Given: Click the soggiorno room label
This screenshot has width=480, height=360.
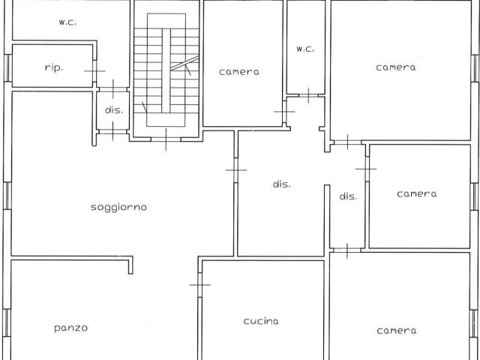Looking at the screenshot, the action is pos(118,207).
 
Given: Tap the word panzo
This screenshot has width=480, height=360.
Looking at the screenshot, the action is pos(70,328).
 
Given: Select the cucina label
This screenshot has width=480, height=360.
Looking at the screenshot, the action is pos(261,321).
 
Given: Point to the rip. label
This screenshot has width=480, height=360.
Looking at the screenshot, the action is pos(54,67).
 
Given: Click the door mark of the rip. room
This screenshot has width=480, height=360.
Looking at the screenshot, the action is pos(94,71).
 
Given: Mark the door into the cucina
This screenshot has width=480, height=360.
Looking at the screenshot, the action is pos(200,285).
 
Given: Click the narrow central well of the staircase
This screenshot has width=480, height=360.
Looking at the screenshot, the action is pos(166,70).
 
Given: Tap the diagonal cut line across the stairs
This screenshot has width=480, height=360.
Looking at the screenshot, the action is pos(184,63).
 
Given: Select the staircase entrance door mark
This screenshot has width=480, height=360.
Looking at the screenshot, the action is pos(166,139).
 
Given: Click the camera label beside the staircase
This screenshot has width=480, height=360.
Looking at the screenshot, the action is pos(239,72).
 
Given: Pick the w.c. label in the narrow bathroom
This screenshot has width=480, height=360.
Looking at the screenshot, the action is pos(305,49).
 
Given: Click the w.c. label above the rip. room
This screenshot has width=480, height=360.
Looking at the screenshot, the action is pos(67,22).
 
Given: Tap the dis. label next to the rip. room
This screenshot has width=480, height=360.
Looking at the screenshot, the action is pos(114,110).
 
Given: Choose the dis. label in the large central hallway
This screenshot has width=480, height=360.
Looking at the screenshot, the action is pos(282,184).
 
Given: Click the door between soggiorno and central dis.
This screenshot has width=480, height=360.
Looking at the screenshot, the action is pos(236,170).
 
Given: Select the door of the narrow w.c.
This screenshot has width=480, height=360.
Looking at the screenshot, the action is pos(308,95).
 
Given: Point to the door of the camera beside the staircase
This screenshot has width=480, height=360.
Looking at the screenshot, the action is pos(284,112).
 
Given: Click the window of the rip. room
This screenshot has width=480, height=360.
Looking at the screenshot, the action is pos(8,68).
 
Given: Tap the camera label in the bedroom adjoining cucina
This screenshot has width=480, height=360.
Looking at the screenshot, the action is pos(397,331).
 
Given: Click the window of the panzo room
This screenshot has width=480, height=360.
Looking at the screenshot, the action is pos(7,322).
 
